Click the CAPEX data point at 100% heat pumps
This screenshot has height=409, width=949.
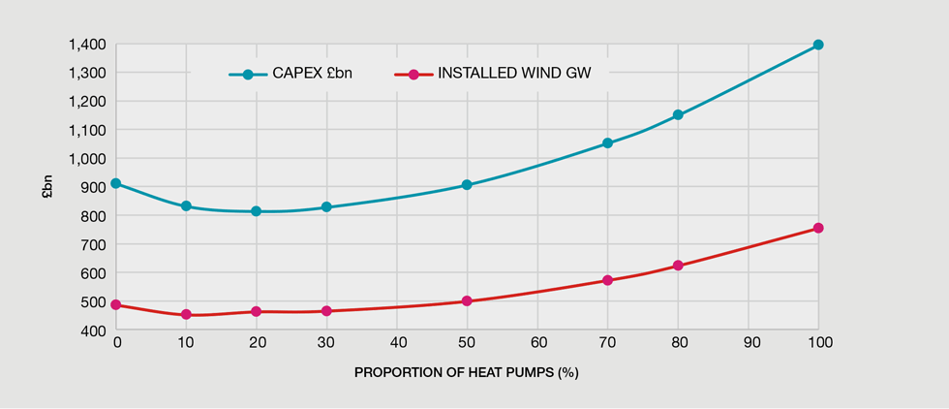point(818,45)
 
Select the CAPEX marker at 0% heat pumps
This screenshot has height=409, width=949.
point(115,183)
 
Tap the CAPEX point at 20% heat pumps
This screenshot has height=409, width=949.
point(256,210)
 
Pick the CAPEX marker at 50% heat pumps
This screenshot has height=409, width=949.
point(467,184)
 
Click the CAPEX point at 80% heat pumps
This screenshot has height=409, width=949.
point(678,114)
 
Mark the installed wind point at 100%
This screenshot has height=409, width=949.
point(818,228)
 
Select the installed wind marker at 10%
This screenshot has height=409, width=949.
point(186,314)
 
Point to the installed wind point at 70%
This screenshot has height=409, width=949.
point(607,280)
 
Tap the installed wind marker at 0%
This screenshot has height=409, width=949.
point(115,304)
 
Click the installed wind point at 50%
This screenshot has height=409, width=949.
point(467,300)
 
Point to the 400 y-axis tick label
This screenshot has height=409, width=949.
point(93,330)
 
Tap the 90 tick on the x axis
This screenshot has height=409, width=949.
point(748,342)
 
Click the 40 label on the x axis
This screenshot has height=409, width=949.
point(396,342)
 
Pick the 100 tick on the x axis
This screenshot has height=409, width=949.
point(818,342)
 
